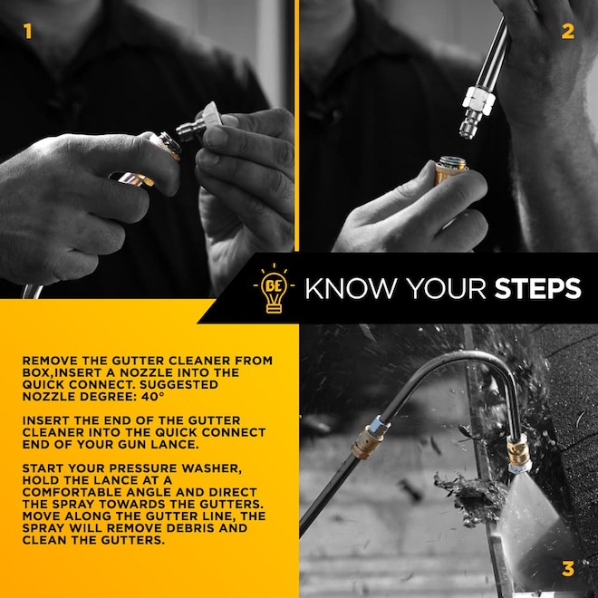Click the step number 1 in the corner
(x=27, y=33)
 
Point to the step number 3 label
(x=568, y=569)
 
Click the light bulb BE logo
(x=273, y=289)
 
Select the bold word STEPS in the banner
(x=537, y=289)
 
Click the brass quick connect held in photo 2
(x=450, y=169)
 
